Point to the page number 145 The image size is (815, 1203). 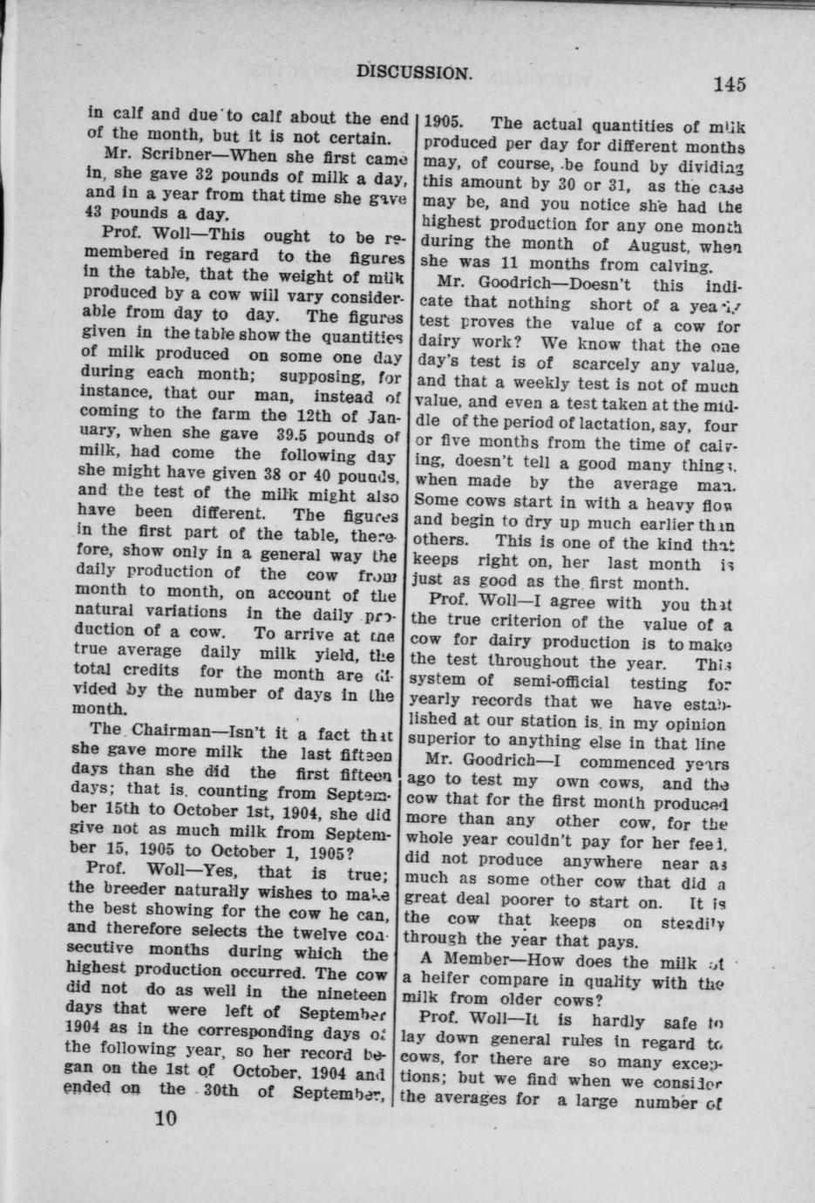point(730,85)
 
